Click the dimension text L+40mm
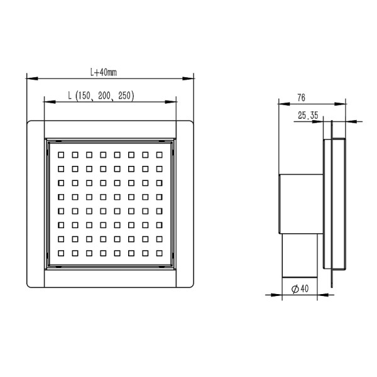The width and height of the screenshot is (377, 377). click(104, 72)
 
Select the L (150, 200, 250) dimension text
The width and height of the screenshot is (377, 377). click(101, 96)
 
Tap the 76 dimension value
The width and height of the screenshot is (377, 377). click(301, 97)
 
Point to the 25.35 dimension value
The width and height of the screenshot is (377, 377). click(307, 114)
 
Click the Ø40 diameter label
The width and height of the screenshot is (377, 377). click(299, 289)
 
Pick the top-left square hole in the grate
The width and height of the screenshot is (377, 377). click(61, 154)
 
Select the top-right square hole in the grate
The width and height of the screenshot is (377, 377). click(158, 154)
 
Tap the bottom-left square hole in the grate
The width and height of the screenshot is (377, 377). click(61, 253)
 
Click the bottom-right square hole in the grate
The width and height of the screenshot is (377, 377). click(158, 253)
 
